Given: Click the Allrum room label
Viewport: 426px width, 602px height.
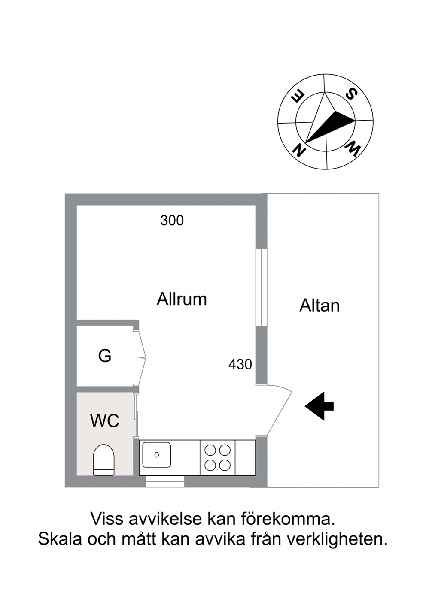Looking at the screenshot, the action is point(182,299).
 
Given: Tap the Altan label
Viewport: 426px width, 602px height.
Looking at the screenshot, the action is point(319,306).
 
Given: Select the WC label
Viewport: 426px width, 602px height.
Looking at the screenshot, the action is point(105,421).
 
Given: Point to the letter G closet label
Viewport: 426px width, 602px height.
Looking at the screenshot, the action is point(105,356).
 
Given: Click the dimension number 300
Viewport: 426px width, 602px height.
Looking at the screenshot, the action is point(172,221).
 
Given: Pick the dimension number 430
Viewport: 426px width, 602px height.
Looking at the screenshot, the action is point(240,365).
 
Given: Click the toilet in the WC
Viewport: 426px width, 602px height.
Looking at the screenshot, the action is point(104,460).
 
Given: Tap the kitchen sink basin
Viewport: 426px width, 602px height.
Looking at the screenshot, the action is point(156,455).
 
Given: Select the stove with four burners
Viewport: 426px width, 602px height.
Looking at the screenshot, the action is point(218,458).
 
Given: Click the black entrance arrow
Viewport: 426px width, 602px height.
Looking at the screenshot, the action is point(319,406).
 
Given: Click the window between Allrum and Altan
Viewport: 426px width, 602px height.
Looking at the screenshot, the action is point(262,287).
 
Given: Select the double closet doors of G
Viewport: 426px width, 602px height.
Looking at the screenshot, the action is point(140,357).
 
